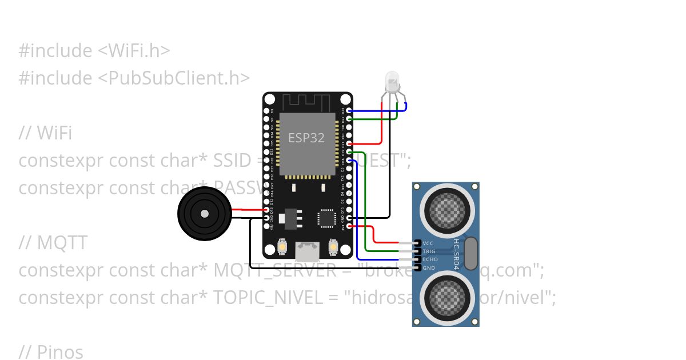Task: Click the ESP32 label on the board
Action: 306,138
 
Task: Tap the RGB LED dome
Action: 392,80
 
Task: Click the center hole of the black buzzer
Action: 204,213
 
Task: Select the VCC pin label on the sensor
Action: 428,243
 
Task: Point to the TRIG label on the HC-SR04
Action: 429,251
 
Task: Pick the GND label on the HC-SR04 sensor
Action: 429,267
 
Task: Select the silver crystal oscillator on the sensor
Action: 470,254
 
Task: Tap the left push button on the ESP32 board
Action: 282,247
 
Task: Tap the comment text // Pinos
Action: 51,352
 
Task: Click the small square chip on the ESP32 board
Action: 327,218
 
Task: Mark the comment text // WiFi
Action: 45,133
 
